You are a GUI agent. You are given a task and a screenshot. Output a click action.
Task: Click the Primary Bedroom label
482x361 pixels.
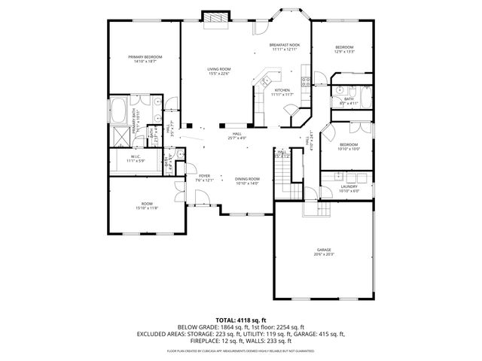(x=144, y=59)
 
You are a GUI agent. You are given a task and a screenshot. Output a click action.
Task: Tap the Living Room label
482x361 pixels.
(x=218, y=71)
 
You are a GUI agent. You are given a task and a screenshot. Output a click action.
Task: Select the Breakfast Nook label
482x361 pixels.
(x=285, y=47)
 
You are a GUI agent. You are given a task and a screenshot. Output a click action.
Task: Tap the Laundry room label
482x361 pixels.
(x=348, y=188)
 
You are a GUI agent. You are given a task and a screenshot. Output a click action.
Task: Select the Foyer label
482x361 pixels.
(x=204, y=178)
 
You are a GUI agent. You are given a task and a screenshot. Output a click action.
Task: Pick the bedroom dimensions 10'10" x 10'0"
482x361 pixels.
(x=348, y=148)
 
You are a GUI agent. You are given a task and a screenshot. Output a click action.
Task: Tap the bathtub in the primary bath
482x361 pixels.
(x=119, y=108)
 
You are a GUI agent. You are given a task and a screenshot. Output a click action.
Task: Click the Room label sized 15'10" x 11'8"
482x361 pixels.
(x=147, y=206)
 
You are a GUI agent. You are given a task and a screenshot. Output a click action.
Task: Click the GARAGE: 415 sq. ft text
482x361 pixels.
(x=322, y=333)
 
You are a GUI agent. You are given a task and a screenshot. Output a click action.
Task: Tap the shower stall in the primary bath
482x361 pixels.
(x=120, y=137)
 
